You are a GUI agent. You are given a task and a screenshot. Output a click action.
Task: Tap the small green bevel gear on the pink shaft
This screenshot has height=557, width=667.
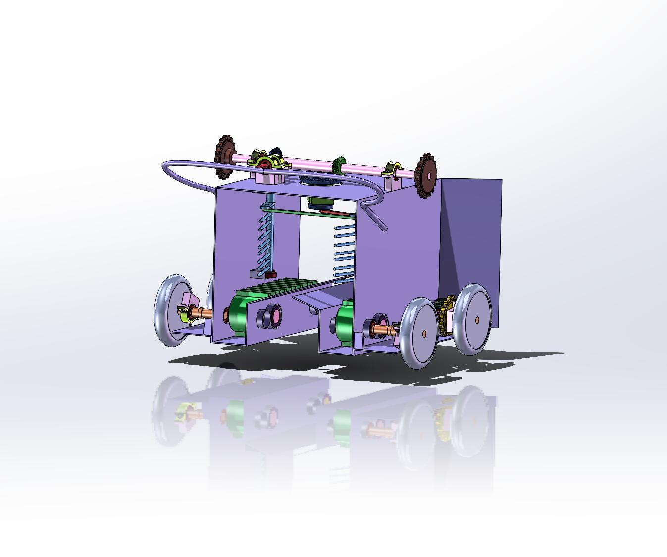point(339,165)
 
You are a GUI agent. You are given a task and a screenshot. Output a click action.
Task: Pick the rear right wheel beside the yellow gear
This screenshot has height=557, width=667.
point(472,319)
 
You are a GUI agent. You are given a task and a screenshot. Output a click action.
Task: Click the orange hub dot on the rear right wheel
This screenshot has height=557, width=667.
point(477,320)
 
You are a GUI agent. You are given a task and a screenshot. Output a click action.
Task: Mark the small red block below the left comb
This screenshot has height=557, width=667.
point(270,275)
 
